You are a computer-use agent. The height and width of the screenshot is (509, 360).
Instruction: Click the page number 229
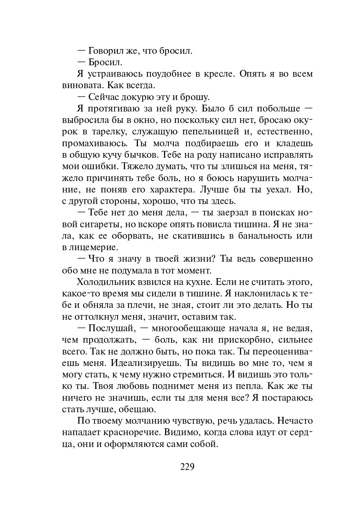pos(187,467)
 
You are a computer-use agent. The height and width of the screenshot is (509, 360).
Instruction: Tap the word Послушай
pos(110,328)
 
